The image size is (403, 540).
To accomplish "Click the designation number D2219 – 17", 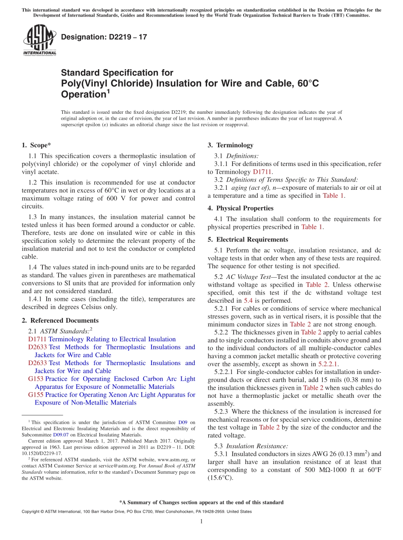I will pyautogui.click(x=104, y=37).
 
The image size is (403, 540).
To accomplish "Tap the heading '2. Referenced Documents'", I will pyautogui.click(x=60, y=321).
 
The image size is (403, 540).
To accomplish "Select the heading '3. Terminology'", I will pyautogui.click(x=230, y=145).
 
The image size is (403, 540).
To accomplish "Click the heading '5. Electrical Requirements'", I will pyautogui.click(x=248, y=239).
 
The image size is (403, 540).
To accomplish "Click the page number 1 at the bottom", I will pyautogui.click(x=201, y=521).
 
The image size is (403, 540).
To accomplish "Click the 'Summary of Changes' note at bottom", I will pyautogui.click(x=201, y=502).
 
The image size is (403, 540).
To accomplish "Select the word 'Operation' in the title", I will pyautogui.click(x=83, y=94).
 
